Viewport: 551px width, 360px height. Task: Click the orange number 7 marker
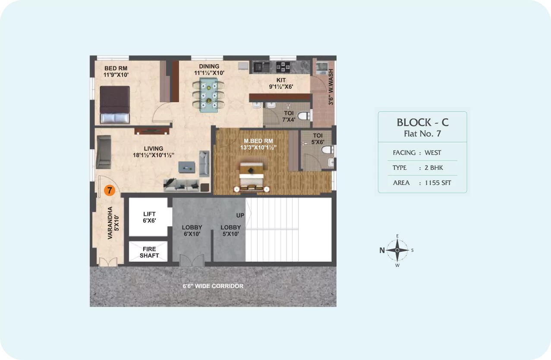(x=110, y=191)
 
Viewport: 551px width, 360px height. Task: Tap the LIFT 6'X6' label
(x=149, y=217)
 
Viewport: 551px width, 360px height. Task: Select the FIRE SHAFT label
(x=149, y=252)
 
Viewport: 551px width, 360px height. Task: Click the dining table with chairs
(x=208, y=95)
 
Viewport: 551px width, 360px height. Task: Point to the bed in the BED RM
(x=115, y=104)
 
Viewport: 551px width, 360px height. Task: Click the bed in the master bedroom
(x=252, y=177)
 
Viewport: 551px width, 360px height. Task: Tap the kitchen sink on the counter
(x=261, y=67)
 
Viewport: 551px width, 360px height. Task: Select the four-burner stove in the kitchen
(x=283, y=67)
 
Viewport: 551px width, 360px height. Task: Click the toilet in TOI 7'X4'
(x=304, y=116)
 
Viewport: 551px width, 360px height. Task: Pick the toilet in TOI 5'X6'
(x=327, y=150)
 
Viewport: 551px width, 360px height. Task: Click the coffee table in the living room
(x=187, y=167)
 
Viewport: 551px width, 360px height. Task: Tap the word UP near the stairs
(x=240, y=216)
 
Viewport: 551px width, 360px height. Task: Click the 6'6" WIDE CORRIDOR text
(x=213, y=286)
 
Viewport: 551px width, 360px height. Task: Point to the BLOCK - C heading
(x=422, y=122)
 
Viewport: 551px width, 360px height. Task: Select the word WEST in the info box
(x=433, y=153)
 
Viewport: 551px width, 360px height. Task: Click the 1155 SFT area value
(x=438, y=183)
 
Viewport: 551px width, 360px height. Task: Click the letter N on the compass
(x=382, y=250)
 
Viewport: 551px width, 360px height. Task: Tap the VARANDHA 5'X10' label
(x=113, y=223)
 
